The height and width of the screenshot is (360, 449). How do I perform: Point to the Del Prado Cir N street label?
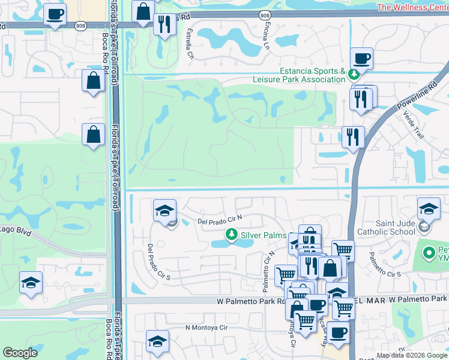tap(219, 221)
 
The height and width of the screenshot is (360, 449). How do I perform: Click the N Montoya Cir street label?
tap(206, 328)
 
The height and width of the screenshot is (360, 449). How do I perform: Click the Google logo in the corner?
tap(20, 353)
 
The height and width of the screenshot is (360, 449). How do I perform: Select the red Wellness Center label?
tap(412, 7)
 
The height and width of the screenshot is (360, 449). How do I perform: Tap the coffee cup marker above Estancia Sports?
tap(361, 59)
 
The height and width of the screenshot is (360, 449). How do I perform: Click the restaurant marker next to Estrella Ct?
tap(164, 24)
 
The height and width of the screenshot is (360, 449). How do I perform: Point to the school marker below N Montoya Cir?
tap(157, 341)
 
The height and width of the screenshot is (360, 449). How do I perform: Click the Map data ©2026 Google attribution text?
tap(412, 355)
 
